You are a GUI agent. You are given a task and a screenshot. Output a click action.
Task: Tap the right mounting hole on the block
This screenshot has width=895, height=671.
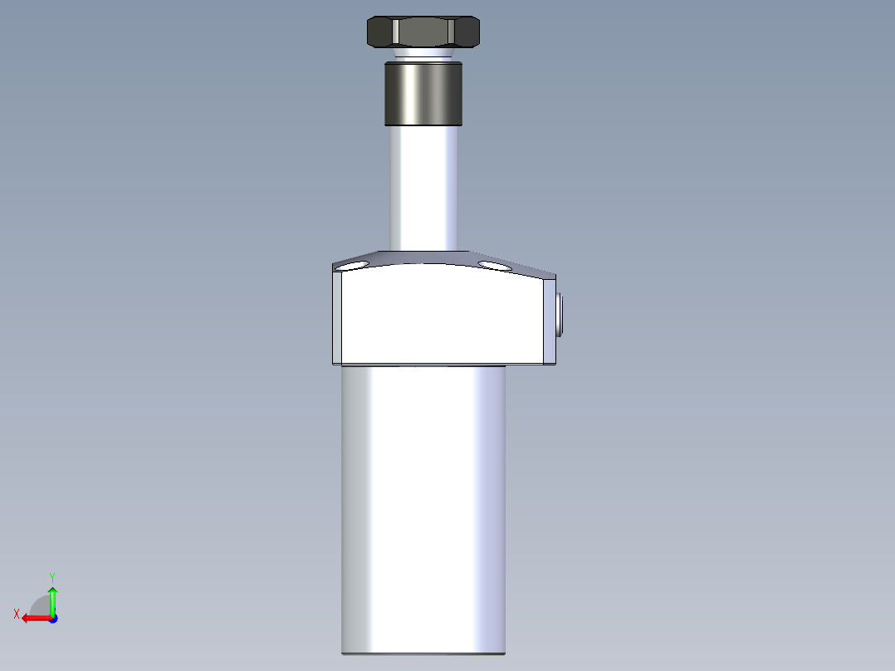coord(495,265)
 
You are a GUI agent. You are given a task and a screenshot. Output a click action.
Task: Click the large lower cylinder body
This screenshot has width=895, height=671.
coord(423,507)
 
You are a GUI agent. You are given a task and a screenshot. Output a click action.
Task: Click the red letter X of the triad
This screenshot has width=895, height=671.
coord(17,614)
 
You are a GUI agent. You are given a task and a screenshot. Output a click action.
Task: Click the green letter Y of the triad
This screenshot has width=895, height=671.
coord(51,576)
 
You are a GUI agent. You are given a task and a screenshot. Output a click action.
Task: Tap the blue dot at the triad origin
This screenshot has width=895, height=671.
coord(52,619)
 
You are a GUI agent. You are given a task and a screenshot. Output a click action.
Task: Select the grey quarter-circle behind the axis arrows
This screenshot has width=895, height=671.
coord(40,605)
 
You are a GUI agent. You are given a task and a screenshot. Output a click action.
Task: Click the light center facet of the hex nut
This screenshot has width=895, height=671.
coord(423,32)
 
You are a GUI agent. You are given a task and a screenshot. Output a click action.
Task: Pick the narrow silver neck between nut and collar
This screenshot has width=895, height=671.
coord(423,56)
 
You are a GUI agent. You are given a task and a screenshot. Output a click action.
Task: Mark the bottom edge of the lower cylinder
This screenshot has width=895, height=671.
coord(423,653)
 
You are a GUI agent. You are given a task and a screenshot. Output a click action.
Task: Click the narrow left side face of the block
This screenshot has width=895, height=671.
coord(336,316)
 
